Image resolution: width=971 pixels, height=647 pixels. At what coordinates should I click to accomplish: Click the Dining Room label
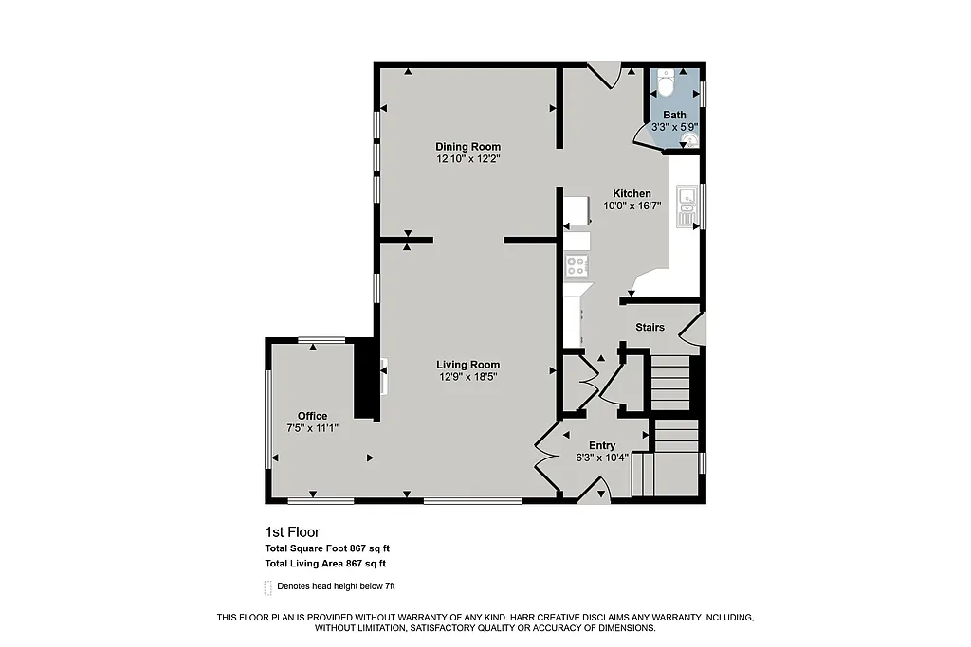[x=467, y=146]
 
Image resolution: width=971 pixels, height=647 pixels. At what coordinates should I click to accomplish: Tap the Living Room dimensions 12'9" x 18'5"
[x=467, y=377]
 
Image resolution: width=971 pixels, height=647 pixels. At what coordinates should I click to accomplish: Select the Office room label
[x=312, y=416]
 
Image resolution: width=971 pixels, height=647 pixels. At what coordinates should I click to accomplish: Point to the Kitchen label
[x=631, y=193]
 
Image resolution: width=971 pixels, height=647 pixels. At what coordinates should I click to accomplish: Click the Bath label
[x=674, y=116]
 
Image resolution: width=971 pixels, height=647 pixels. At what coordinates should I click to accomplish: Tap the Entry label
[x=602, y=445]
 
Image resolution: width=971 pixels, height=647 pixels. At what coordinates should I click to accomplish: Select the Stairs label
[x=650, y=328]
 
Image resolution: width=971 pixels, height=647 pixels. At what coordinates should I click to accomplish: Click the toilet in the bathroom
[x=666, y=83]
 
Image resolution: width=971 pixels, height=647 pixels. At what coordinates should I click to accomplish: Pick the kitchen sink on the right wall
[x=685, y=207]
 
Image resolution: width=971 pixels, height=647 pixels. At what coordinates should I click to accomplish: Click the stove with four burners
[x=577, y=267]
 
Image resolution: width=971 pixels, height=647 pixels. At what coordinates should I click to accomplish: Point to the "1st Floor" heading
[x=286, y=532]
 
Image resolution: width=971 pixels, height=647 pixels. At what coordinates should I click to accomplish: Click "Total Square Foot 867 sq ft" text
[x=327, y=548]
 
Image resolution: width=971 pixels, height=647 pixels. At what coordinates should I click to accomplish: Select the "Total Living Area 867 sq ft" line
[x=325, y=564]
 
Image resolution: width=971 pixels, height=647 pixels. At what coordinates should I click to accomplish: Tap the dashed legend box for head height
[x=268, y=587]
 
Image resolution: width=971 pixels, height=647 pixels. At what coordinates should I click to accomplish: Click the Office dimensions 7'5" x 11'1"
[x=312, y=428]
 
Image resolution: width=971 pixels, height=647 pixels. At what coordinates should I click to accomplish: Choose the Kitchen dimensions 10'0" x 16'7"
[x=631, y=206]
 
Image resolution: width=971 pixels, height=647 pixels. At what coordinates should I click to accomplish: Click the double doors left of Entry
[x=547, y=458]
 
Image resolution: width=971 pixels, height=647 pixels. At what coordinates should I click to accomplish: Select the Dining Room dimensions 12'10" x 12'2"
[x=467, y=159]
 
